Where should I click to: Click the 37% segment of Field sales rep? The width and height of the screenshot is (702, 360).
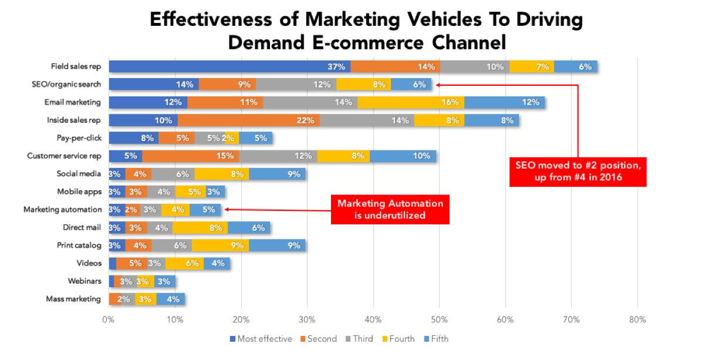(x=230, y=66)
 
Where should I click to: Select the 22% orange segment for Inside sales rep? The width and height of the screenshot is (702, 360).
(x=249, y=120)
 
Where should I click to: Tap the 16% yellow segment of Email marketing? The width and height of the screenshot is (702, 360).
(x=410, y=102)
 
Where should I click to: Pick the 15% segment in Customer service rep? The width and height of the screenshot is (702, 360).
(x=190, y=156)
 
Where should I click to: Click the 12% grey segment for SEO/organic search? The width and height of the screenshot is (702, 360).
(x=296, y=84)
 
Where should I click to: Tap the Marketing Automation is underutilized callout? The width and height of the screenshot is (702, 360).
(x=390, y=210)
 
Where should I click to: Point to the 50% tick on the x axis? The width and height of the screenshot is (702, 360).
(x=439, y=320)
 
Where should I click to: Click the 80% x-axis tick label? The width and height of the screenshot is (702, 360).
(x=637, y=320)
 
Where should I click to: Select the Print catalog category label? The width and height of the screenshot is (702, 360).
(x=79, y=245)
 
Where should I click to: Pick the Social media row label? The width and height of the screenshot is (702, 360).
(x=79, y=174)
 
